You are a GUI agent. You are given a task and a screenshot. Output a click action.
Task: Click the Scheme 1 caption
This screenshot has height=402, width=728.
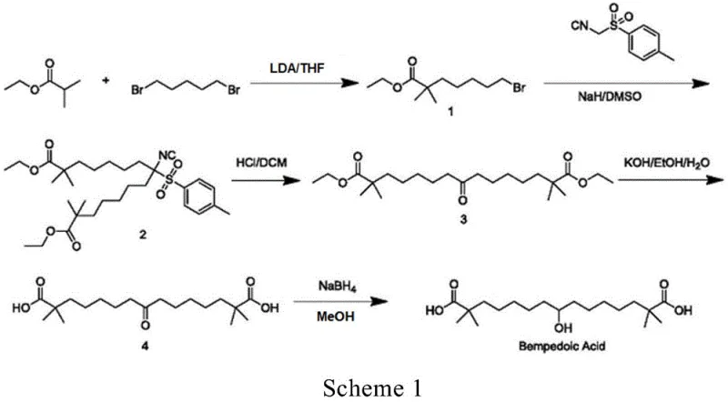[x=364, y=387]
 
